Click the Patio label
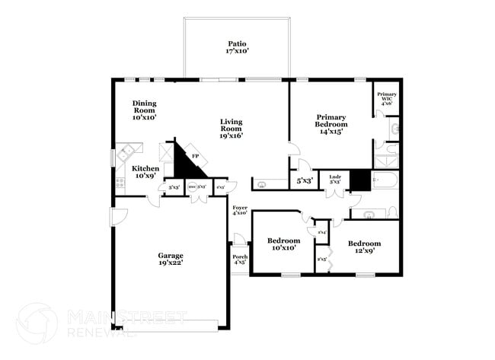click(237, 48)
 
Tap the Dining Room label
click(144, 111)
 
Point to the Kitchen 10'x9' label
click(145, 172)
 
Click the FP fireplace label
click(195, 157)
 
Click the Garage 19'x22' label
click(170, 259)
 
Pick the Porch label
click(240, 260)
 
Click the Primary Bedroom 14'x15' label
click(332, 124)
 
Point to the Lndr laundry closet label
click(334, 180)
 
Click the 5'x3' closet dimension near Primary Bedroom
click(305, 181)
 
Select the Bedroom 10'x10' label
click(282, 244)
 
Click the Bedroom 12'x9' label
click(363, 247)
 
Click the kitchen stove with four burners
click(120, 183)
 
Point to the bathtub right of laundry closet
click(385, 181)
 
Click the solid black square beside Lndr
click(359, 180)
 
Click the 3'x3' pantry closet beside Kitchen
click(174, 186)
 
